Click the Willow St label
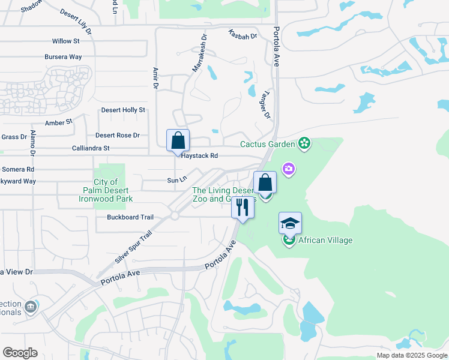65,41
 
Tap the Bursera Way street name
63,57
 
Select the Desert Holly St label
123,110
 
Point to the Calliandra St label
91,148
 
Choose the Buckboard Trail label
130,217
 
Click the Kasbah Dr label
243,35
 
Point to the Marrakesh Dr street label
199,53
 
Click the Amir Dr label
155,78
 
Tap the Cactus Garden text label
268,144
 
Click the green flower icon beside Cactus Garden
305,143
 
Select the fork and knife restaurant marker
243,208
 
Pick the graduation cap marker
290,223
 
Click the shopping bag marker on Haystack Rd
178,141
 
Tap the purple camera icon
289,169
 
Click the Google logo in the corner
20,353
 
